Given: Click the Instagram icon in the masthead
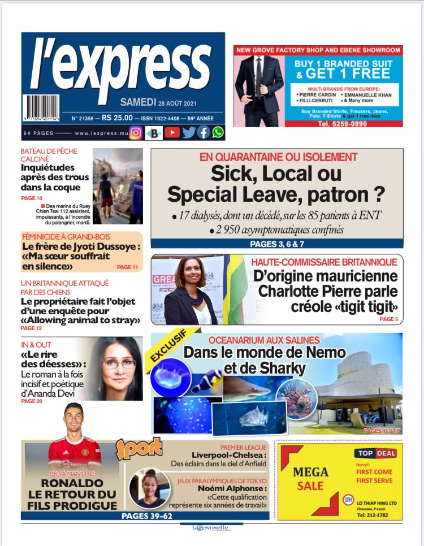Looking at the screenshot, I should (x=136, y=133).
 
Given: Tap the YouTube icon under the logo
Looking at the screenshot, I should (x=172, y=133).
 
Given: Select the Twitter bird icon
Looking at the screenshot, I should (x=189, y=133).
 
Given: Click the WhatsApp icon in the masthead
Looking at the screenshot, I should (x=218, y=133).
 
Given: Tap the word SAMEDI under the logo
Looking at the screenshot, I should (x=138, y=102).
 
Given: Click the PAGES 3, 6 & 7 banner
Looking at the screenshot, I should (x=277, y=244).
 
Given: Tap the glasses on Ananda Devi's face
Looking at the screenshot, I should (x=118, y=363).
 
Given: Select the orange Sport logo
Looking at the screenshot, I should (x=139, y=448).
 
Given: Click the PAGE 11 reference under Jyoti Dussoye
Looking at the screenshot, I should (x=127, y=266).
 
